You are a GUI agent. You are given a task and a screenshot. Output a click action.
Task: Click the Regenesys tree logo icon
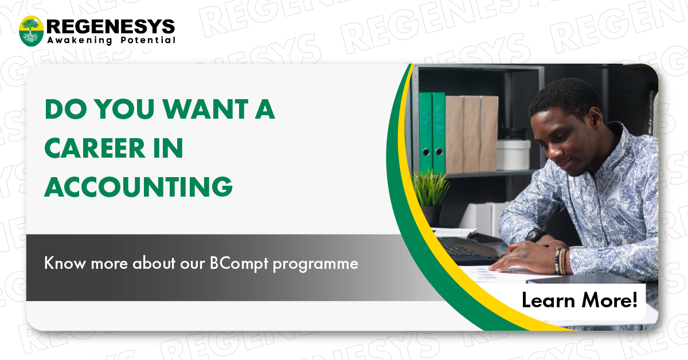32,31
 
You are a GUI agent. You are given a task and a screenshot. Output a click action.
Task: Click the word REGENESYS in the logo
110,26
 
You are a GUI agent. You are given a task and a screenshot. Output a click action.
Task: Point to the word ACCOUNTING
138,187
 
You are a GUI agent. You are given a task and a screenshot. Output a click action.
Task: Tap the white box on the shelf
513,154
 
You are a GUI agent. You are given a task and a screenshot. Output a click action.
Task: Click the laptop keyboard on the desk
464,250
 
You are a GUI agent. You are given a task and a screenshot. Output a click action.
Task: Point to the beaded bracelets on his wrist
561,261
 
